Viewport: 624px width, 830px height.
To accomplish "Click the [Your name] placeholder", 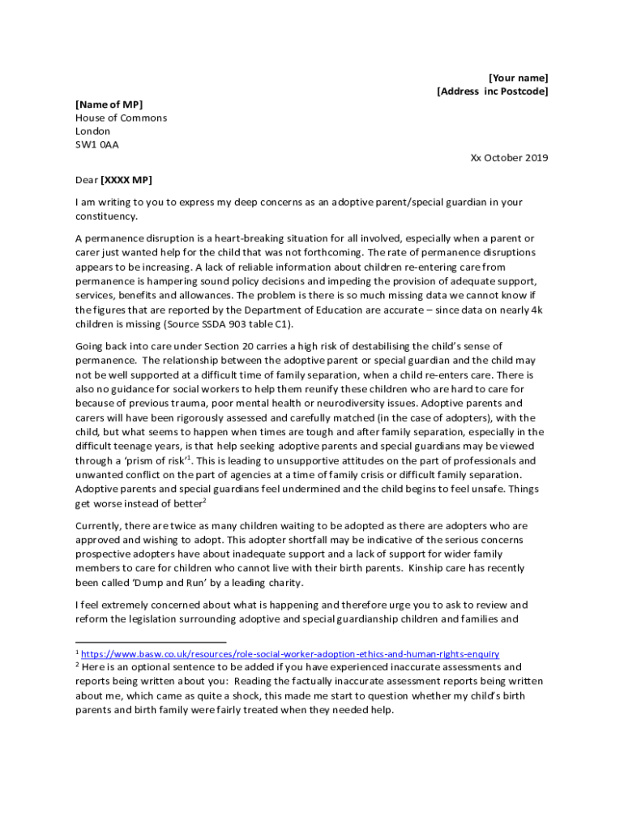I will tap(518, 78).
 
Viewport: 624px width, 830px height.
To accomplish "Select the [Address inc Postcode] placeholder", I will tap(492, 92).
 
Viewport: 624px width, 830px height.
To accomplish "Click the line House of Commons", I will tap(121, 118).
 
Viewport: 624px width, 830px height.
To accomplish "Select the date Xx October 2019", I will tap(509, 158).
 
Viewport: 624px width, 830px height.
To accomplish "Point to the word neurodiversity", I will tap(352, 404).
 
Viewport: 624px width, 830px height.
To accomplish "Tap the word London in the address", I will tap(92, 131).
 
